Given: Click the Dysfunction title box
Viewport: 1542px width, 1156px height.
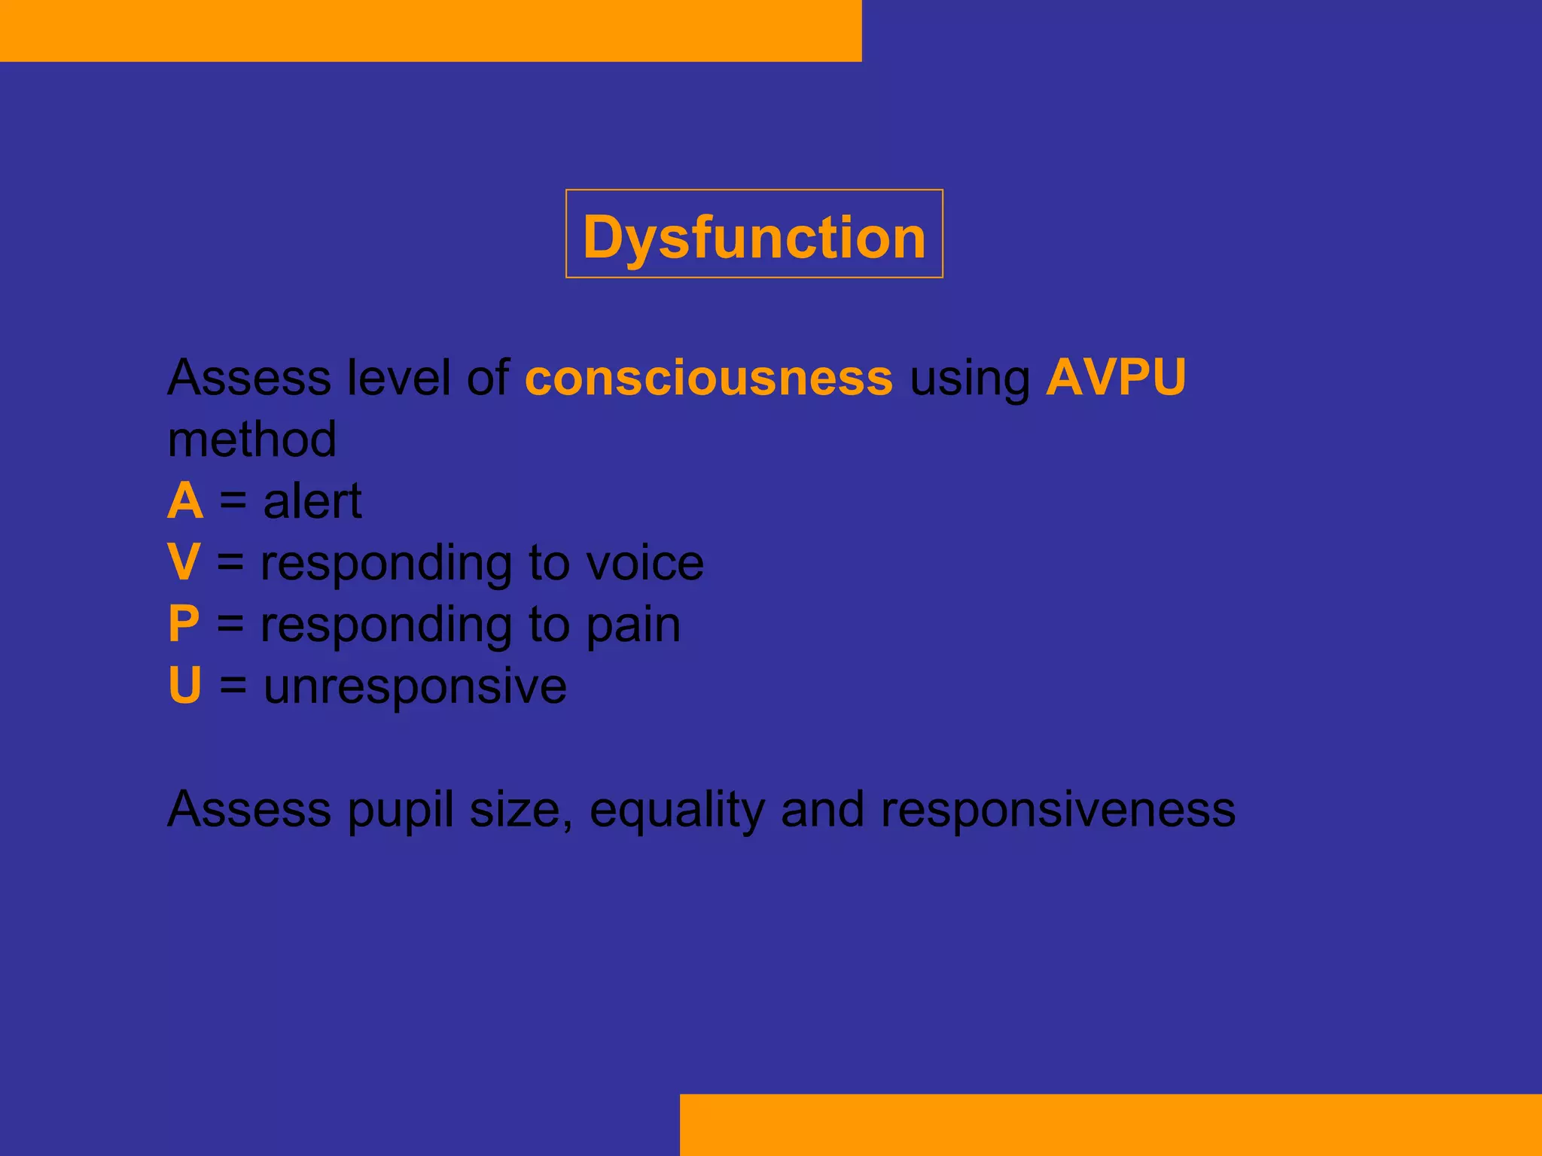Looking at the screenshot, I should click(x=754, y=234).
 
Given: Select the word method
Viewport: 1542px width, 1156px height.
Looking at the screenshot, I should click(x=251, y=440).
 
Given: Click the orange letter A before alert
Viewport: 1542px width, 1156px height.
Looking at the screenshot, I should click(x=185, y=501).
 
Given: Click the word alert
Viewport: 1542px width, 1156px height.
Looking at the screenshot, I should click(x=312, y=501).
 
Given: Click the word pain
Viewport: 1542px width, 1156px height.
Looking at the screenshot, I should click(x=633, y=626).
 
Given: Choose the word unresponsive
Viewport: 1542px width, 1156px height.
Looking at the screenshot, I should click(x=415, y=687).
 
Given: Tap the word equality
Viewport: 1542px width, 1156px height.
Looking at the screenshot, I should click(x=676, y=811).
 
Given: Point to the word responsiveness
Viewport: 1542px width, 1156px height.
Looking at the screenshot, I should click(x=1058, y=811).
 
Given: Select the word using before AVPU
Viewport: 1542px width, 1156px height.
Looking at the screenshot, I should click(x=970, y=379).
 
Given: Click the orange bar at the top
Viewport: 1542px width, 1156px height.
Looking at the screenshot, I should click(x=430, y=30).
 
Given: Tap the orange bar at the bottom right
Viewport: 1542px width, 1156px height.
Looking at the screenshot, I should click(x=1110, y=1124).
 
